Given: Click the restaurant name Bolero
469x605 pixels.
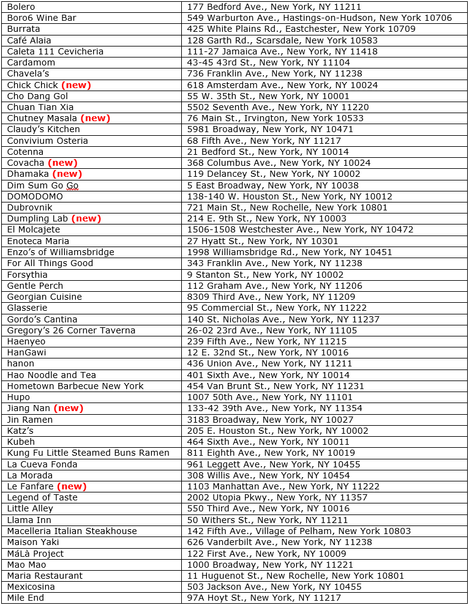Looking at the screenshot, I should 21,7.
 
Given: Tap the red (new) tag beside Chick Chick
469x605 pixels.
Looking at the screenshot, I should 76,85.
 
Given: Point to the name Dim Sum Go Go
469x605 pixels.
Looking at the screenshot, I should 42,185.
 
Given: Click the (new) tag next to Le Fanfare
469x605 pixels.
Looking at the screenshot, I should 72,486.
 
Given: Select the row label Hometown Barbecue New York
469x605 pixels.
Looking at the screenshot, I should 75,386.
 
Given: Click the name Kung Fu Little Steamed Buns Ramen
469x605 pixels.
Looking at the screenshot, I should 88,453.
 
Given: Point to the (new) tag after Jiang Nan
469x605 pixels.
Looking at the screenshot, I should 68,408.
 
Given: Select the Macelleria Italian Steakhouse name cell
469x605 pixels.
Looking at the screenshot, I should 72,531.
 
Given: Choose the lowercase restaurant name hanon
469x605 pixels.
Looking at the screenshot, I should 20,363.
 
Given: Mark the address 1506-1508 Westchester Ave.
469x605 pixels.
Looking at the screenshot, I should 300,230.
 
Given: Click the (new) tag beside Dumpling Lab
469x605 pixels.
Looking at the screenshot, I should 86,218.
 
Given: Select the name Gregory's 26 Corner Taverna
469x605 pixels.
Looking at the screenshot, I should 71,330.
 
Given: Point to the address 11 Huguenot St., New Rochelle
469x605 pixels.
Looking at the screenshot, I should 295,576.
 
